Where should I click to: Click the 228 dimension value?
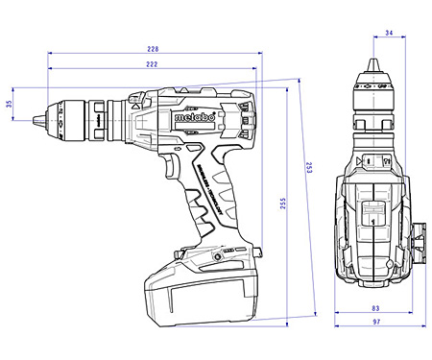[x=153, y=48]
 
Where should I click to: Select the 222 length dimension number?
[x=153, y=63]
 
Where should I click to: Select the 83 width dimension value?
[x=374, y=309]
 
